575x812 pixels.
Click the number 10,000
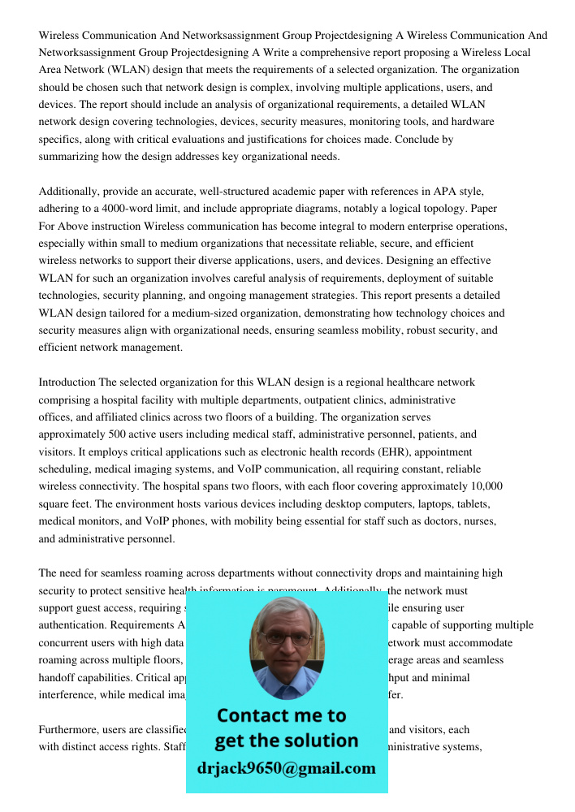click(479, 486)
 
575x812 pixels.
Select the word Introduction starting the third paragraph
click(67, 382)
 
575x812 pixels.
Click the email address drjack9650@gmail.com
click(287, 768)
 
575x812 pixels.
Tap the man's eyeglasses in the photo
click(286, 638)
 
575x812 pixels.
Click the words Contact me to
click(281, 715)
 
